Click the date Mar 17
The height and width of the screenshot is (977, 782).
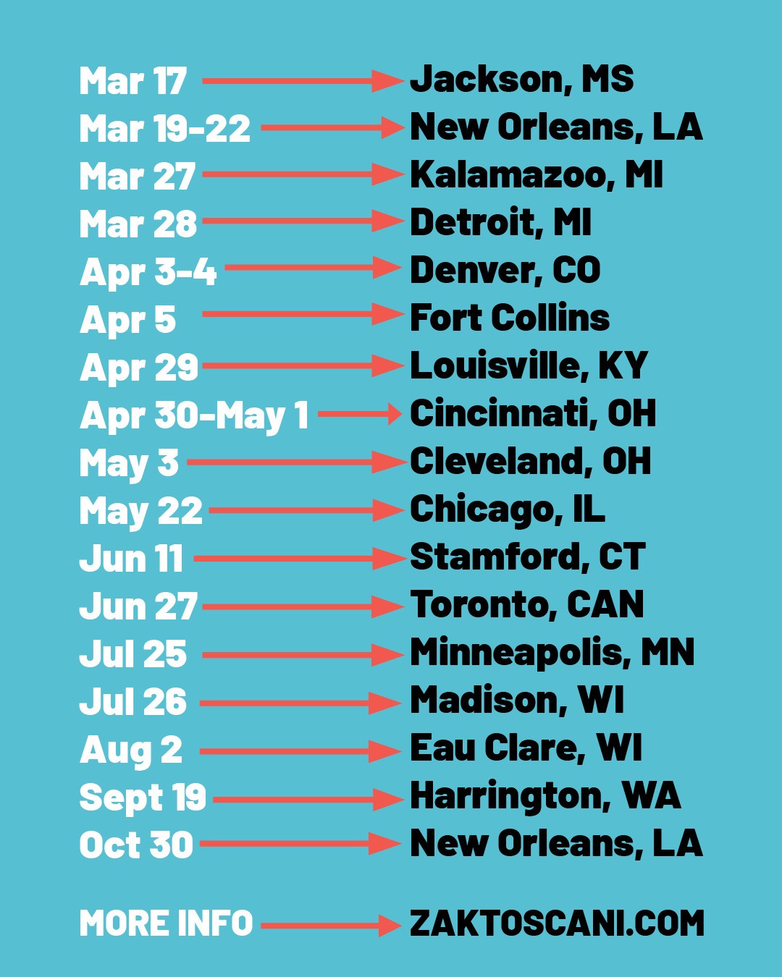pos(133,81)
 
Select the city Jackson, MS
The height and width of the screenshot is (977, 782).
pos(521,80)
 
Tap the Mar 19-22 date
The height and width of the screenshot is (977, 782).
pos(165,129)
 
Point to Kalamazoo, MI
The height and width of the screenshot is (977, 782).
pos(536,175)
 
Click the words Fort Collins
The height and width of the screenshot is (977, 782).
pos(510,318)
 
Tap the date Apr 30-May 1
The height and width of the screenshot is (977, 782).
pos(194,416)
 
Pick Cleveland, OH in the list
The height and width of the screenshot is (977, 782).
pos(530,462)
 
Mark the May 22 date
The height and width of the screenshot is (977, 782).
pos(141,512)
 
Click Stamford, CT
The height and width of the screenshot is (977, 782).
pos(527,557)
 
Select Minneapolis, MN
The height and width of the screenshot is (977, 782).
pos(552,653)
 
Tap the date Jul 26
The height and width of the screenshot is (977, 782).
pos(133,702)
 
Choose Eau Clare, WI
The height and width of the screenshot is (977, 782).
pos(526,748)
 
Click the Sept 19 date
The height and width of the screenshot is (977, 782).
pos(143,798)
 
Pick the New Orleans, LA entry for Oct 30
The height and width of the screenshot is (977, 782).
pos(556,844)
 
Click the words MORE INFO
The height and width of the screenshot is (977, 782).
pos(166,924)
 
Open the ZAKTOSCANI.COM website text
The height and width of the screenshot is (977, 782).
pos(557,924)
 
